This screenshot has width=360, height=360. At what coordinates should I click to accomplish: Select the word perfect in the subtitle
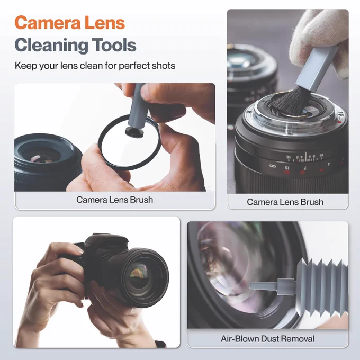tap(132, 66)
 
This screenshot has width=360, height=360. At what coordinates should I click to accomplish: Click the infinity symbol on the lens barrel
tap(272, 166)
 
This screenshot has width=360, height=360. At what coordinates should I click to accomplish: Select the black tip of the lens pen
tap(134, 132)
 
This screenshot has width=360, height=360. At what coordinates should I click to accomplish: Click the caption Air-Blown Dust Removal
tap(267, 339)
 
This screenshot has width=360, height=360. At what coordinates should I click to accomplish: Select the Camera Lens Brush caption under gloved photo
tap(285, 202)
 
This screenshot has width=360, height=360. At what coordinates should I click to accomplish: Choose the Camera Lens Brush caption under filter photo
tap(114, 200)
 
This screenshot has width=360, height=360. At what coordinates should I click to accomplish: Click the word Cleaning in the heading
tap(51, 45)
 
